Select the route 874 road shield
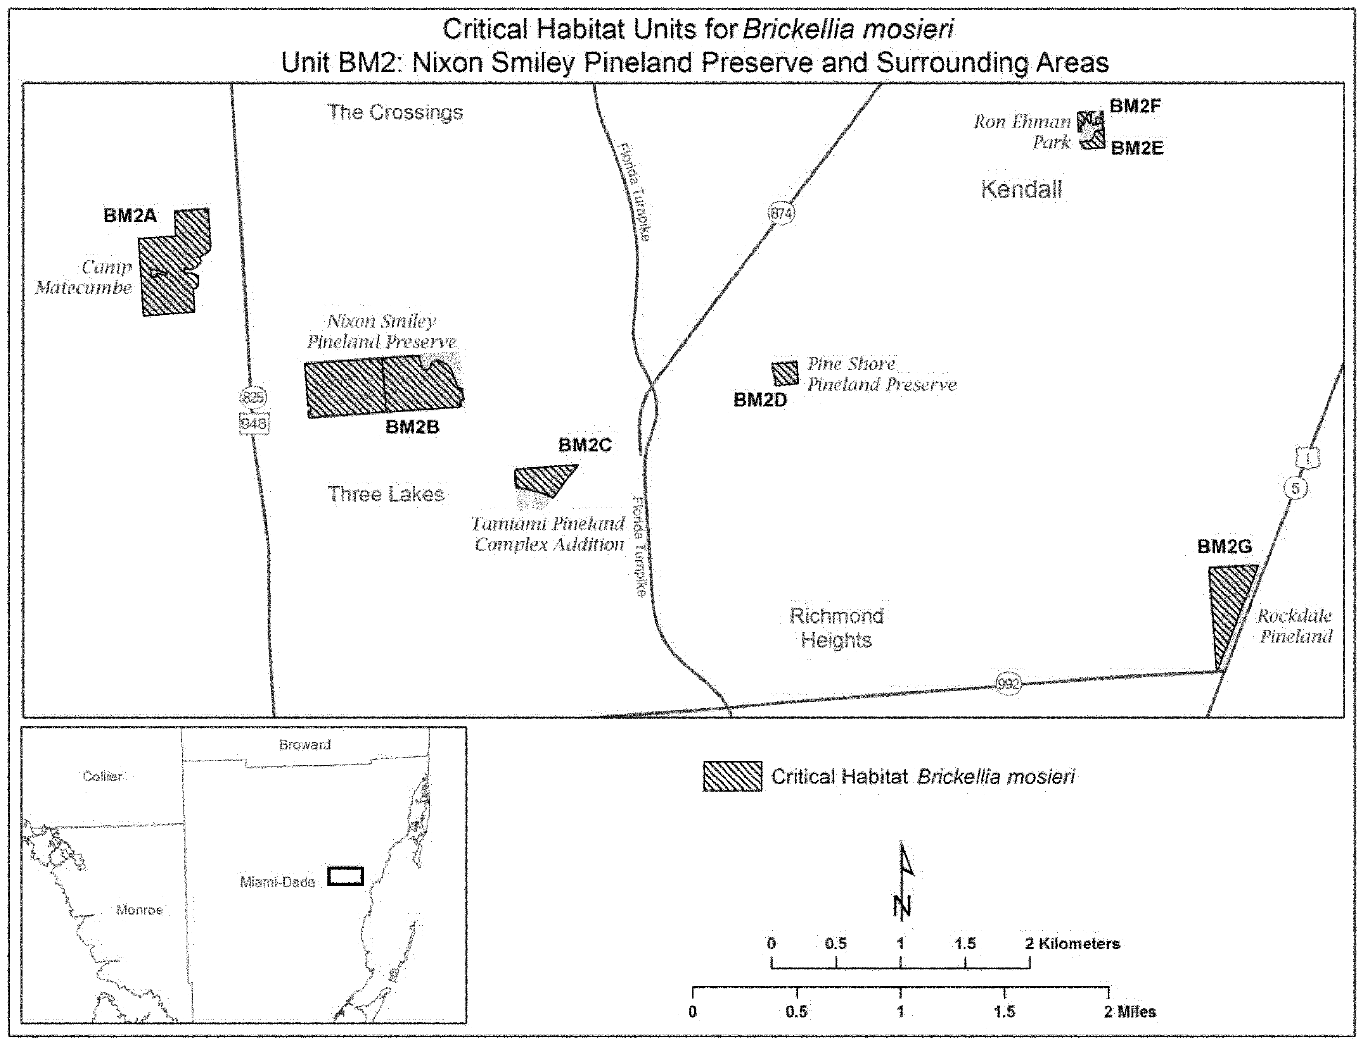[781, 214]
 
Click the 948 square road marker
[253, 424]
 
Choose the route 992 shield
[1008, 684]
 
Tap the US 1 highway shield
[1307, 459]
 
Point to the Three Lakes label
[386, 494]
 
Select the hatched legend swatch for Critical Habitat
[732, 776]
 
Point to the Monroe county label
[139, 909]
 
